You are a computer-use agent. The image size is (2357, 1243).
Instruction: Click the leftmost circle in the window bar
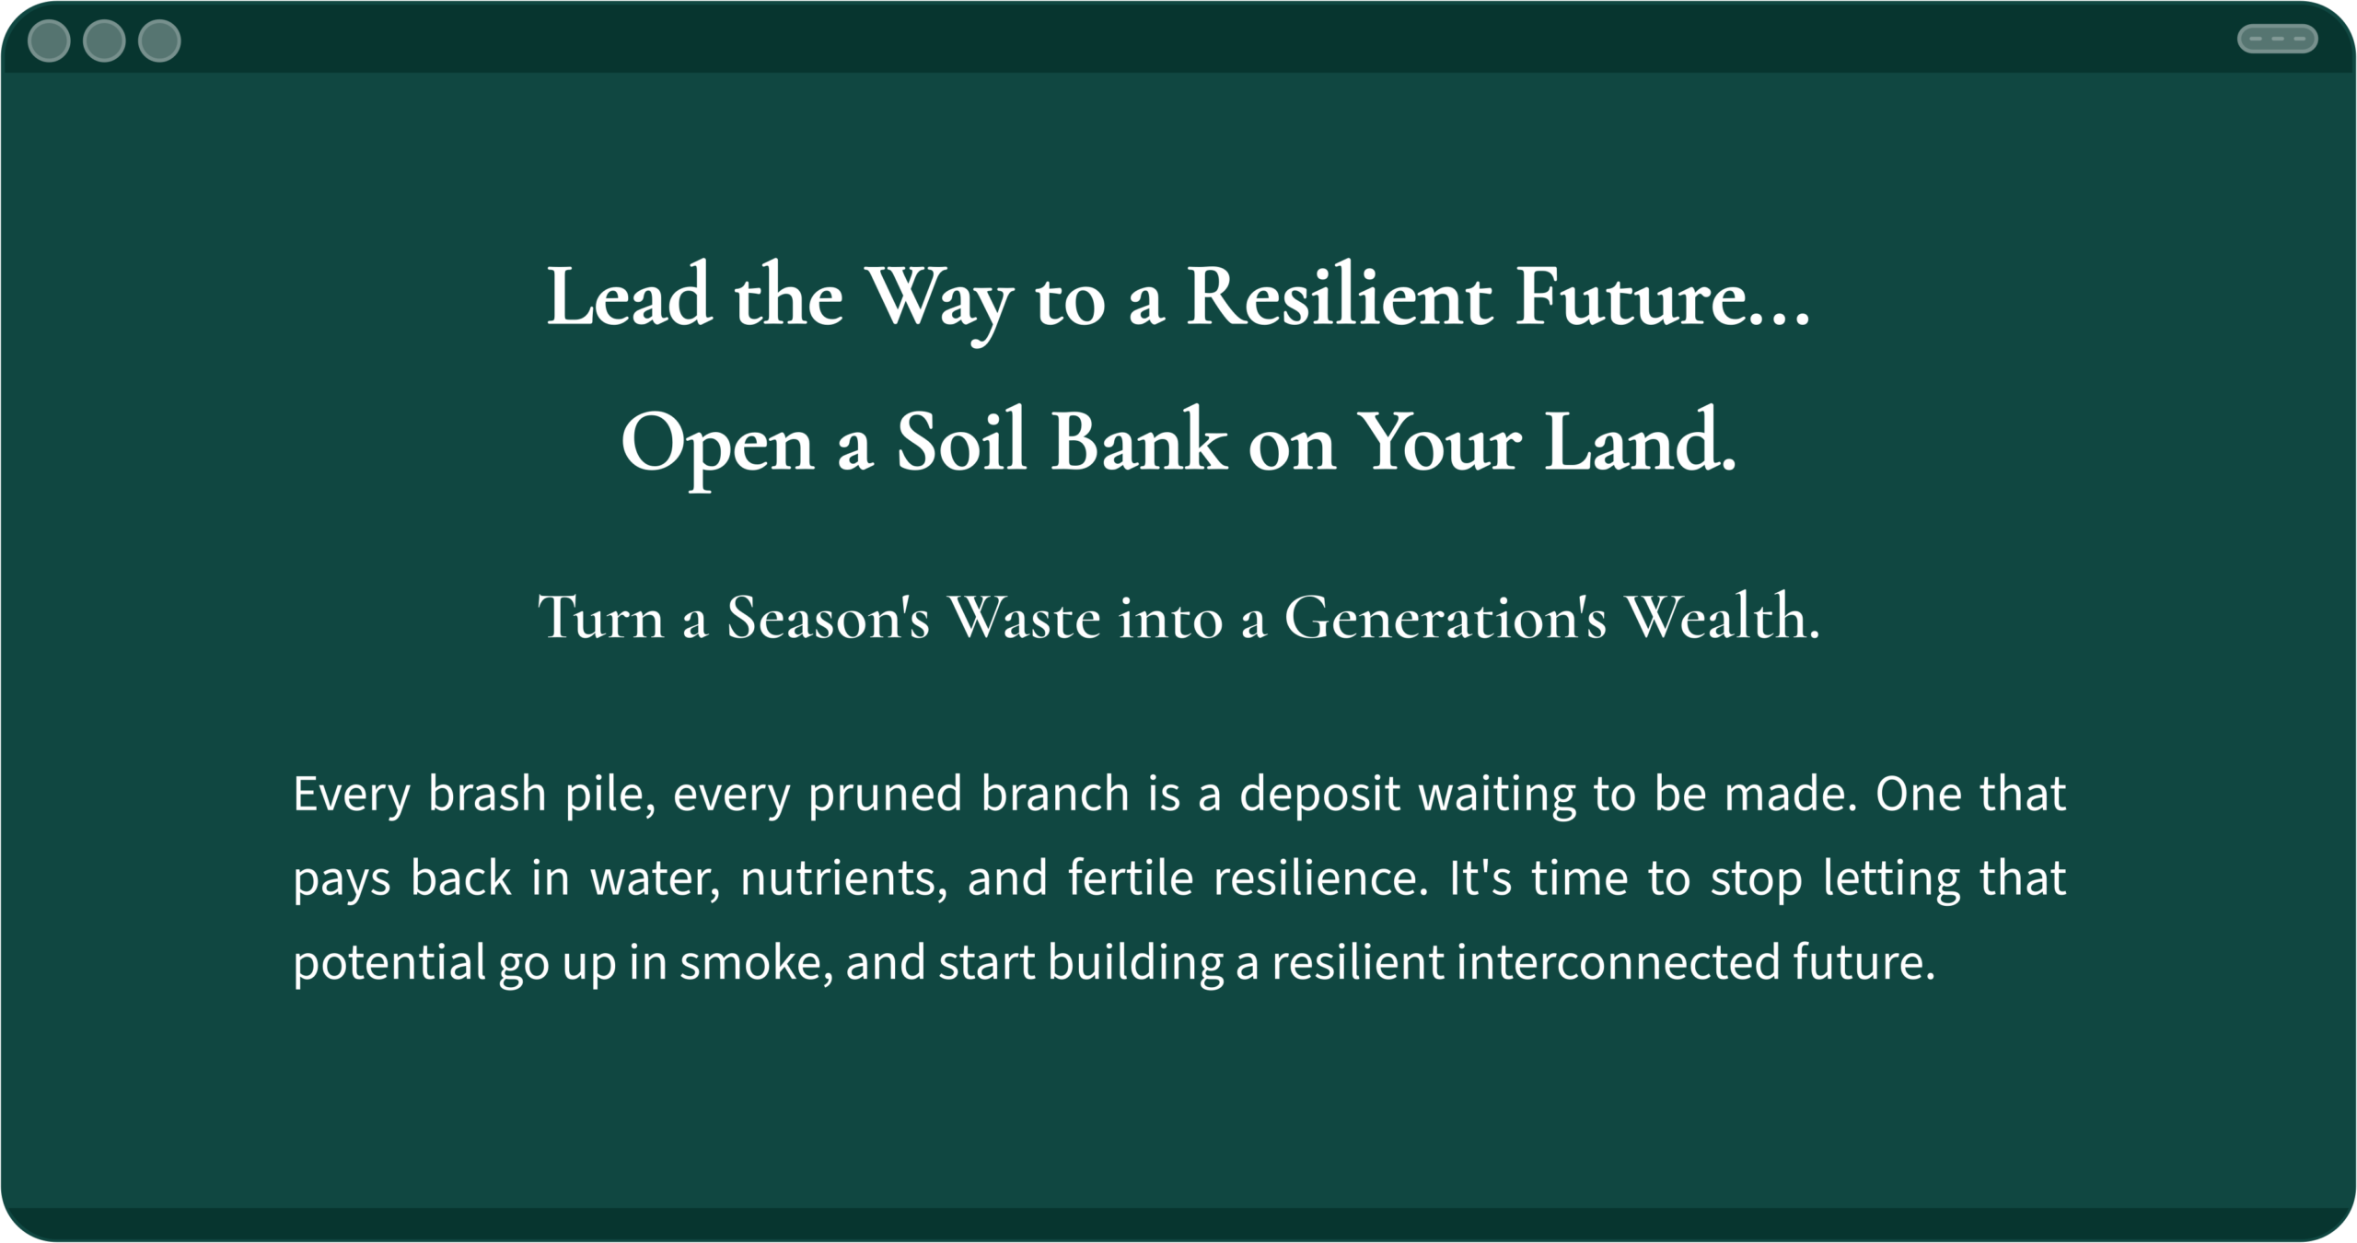point(49,41)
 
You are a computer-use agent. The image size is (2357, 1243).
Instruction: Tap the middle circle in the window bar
point(104,41)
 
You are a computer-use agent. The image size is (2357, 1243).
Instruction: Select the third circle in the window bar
point(159,41)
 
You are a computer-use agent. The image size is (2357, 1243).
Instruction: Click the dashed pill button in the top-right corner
point(2277,39)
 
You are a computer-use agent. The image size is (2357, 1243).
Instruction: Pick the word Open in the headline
point(717,447)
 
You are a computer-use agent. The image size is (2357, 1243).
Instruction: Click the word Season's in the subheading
point(829,616)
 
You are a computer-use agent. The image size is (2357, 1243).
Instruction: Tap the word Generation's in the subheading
point(1446,616)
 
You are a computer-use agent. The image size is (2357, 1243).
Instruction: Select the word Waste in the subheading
point(1025,616)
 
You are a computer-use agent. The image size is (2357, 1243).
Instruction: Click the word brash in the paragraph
point(487,793)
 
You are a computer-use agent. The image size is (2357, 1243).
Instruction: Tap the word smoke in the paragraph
point(757,963)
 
